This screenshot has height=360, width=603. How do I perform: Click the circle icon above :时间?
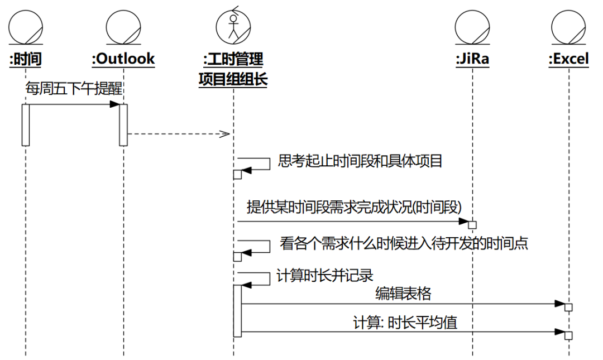click(26, 26)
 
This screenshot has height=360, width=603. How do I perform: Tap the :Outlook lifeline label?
click(123, 59)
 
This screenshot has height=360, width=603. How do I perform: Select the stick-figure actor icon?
click(233, 25)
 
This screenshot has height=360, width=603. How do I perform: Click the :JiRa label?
click(472, 59)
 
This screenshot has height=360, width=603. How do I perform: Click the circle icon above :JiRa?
click(472, 26)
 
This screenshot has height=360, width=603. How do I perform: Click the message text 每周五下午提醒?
click(74, 89)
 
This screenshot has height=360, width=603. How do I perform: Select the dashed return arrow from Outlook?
click(179, 134)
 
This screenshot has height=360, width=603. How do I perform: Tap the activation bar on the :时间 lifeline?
click(26, 124)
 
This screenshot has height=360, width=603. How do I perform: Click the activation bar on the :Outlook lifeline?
click(123, 124)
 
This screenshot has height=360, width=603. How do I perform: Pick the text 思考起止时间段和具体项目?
click(360, 162)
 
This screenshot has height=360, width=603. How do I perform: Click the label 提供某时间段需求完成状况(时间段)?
click(354, 207)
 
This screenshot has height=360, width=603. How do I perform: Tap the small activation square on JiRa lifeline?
click(472, 225)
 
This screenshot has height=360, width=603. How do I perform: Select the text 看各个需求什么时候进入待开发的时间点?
click(404, 244)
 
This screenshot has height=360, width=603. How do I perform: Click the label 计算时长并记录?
click(324, 276)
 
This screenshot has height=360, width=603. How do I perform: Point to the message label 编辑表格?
click(403, 294)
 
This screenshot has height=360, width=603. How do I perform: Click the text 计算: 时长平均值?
click(405, 323)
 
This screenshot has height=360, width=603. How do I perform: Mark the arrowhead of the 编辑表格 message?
click(560, 304)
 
